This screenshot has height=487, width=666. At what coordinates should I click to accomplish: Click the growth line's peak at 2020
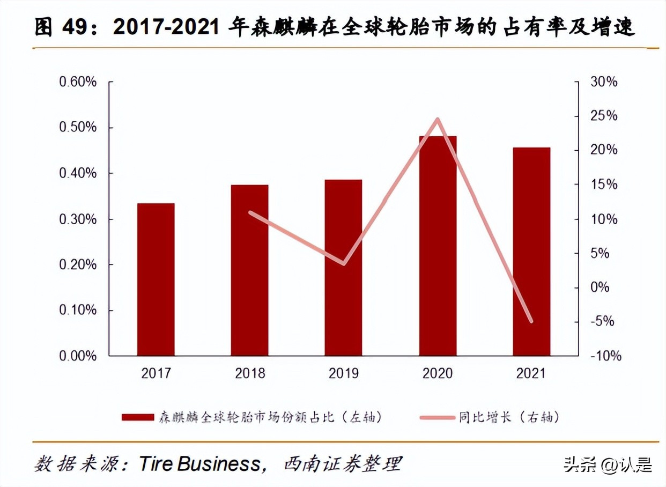coord(438,119)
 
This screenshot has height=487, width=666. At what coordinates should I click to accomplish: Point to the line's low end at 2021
coord(531,321)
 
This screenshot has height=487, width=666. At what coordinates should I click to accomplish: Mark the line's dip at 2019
coord(343,263)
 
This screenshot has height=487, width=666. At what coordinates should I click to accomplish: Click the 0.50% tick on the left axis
coord(78,128)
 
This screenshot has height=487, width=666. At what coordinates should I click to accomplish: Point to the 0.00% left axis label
coord(78,356)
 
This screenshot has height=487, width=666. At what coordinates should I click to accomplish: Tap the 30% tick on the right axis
coord(604,82)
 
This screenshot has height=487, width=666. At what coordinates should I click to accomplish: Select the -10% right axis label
coord(606,356)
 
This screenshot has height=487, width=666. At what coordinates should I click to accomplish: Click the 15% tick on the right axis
coord(604,185)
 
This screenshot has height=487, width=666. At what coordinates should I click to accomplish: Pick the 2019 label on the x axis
coord(343,373)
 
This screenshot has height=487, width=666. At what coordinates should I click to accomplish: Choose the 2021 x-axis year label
coord(531,373)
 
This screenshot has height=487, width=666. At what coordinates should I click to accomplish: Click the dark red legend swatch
coord(138,417)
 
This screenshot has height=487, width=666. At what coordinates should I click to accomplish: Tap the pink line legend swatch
coord(436,417)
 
